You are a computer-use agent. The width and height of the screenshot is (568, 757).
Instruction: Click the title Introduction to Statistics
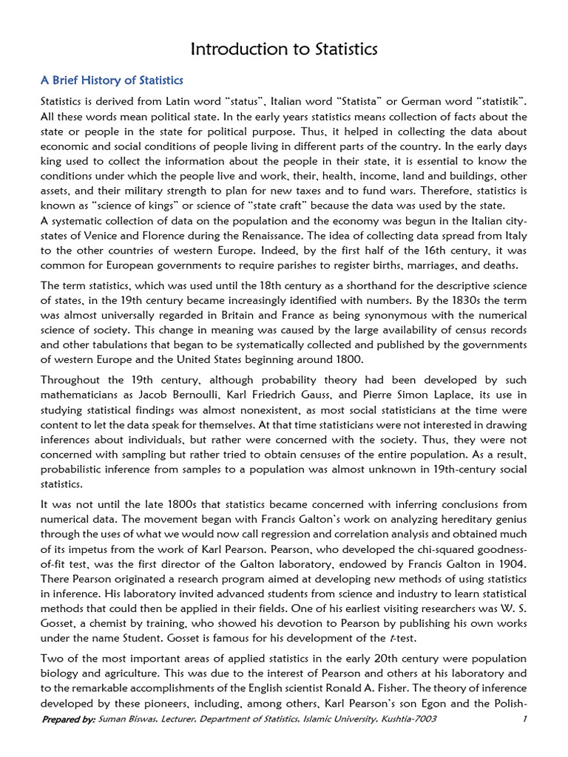coord(284,50)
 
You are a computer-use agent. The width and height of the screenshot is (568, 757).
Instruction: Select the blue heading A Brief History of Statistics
coord(112,80)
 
